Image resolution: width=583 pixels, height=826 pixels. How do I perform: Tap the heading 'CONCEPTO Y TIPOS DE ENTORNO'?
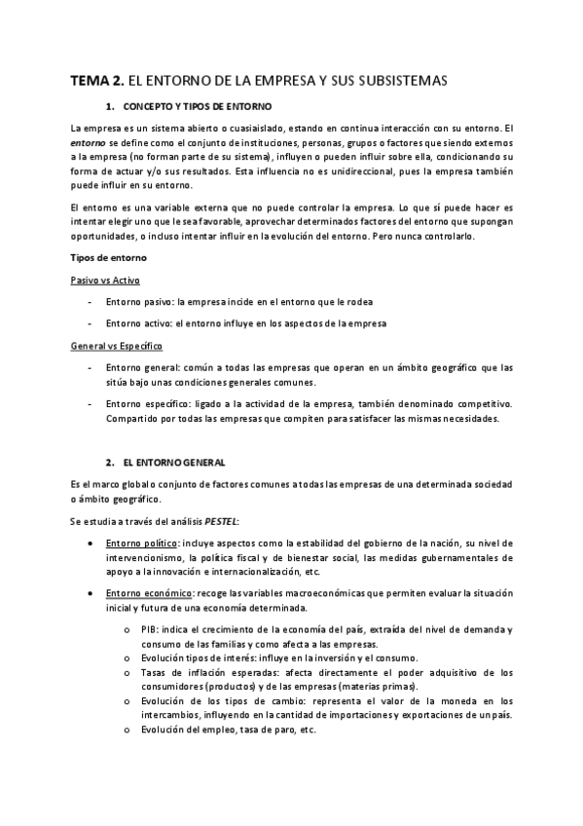[198, 105]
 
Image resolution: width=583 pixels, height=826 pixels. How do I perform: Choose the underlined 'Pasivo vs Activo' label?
[105, 280]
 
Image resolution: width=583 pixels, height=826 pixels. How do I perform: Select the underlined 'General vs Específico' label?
[116, 346]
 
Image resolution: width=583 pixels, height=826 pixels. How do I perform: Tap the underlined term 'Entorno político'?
[142, 543]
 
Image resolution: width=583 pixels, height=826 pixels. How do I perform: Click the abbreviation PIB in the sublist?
[149, 629]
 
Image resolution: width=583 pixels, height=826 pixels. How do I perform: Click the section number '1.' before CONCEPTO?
[110, 105]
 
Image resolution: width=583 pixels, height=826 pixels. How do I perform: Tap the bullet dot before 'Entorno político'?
[91, 543]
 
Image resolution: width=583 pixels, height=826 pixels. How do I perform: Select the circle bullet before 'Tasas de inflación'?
[129, 672]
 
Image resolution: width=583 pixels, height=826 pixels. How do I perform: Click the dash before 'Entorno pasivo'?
[91, 301]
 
